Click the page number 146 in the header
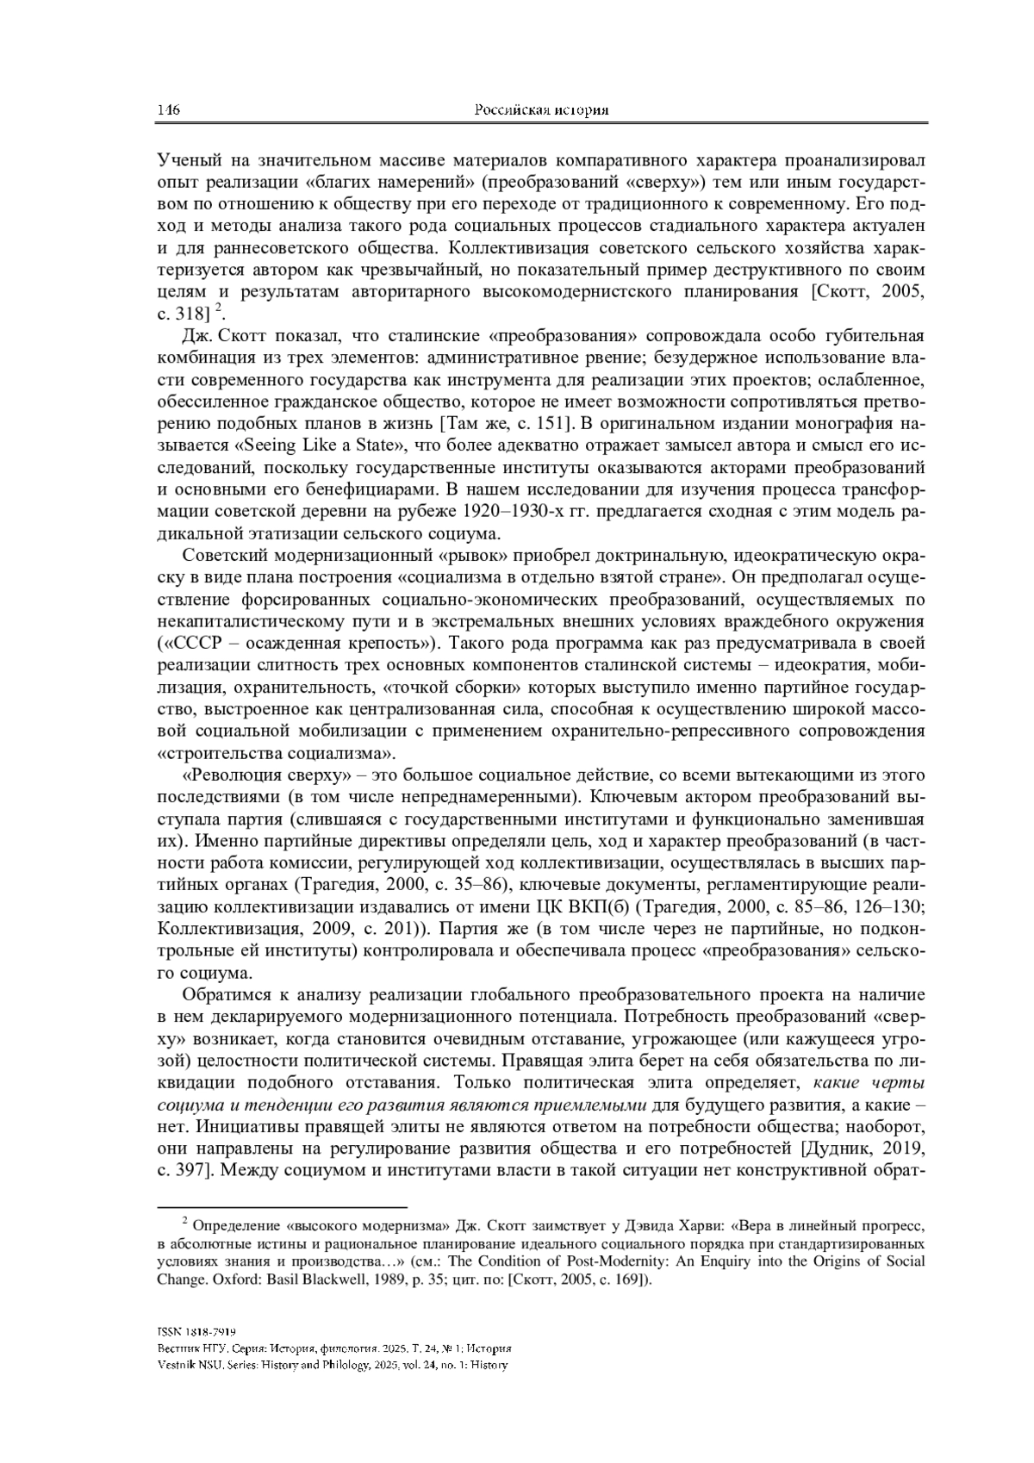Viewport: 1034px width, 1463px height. [167, 110]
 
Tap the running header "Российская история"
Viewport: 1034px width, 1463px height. [542, 110]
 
